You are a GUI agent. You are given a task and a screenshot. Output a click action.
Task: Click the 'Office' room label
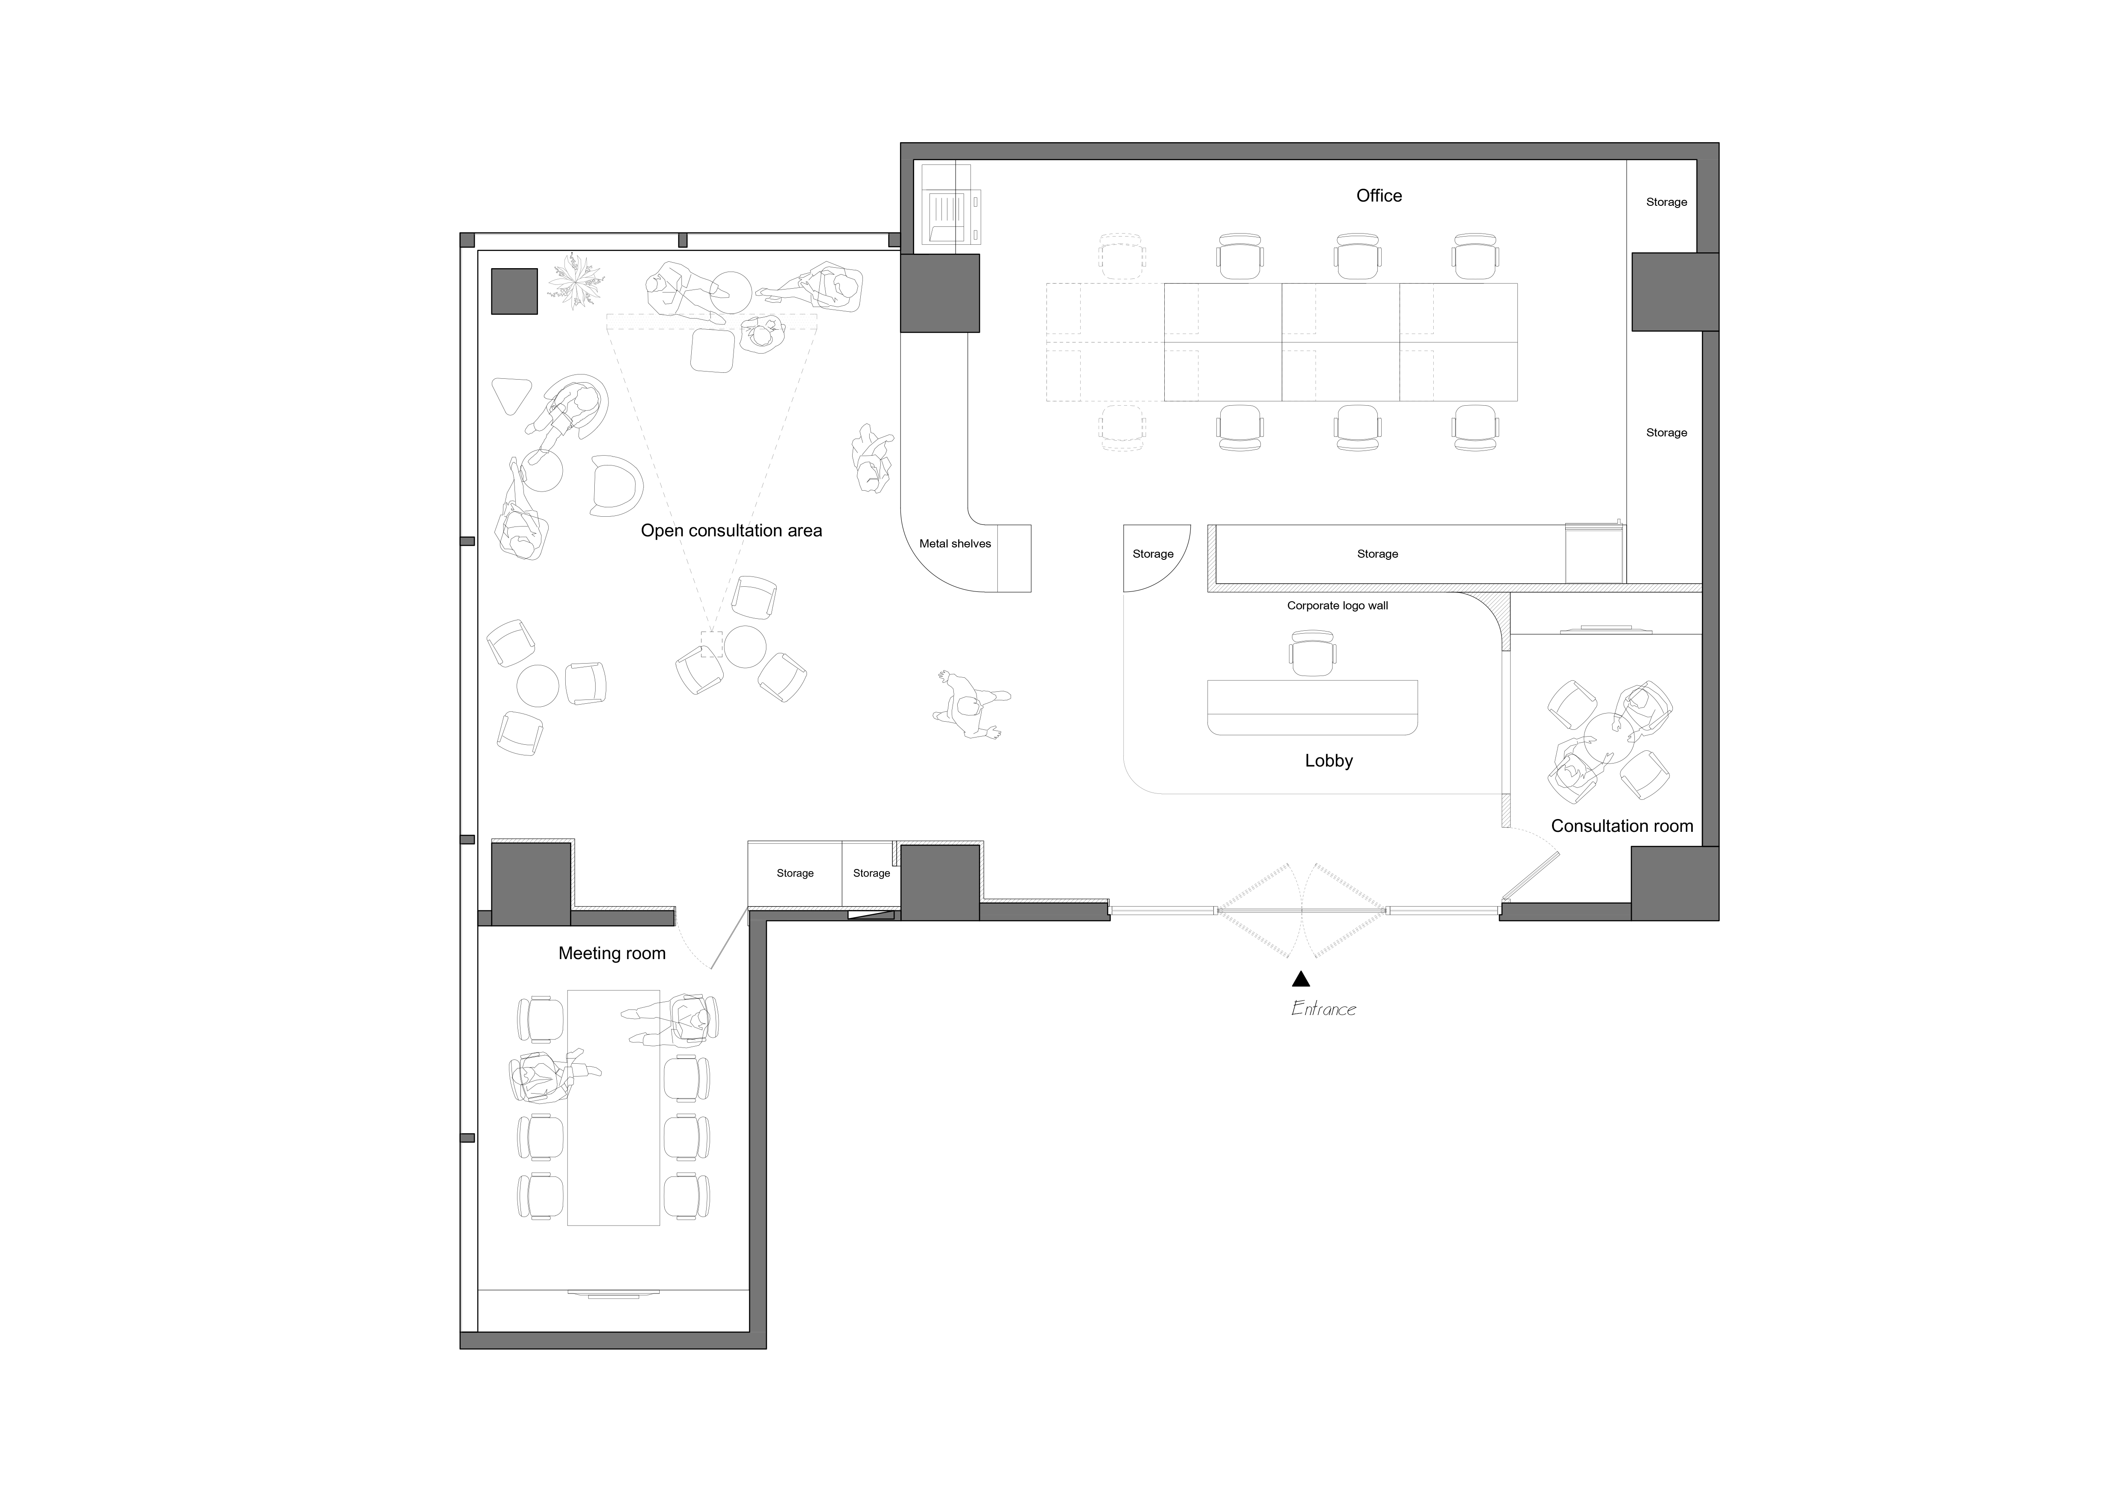[1379, 196]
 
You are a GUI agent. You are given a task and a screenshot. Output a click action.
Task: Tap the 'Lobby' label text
[1329, 761]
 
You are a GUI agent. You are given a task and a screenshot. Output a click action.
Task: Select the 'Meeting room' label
[612, 954]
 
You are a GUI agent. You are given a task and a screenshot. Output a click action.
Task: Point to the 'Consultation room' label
[1622, 826]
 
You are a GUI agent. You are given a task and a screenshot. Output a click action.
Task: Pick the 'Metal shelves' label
[955, 544]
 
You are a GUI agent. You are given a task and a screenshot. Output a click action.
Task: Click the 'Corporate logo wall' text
[1337, 606]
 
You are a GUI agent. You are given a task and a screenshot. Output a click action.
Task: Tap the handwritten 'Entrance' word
[1324, 1009]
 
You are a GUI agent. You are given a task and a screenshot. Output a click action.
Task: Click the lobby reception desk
[1312, 707]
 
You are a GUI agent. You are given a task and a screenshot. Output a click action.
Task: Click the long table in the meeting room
[614, 1108]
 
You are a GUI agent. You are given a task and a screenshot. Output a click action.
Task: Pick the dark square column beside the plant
[514, 292]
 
